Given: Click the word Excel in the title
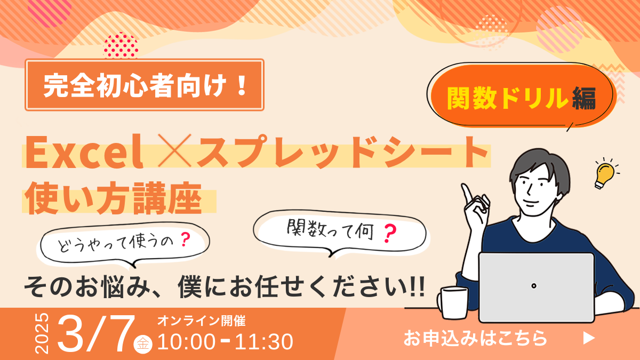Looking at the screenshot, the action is point(84,151).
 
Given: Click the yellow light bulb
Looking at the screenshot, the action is point(604,175).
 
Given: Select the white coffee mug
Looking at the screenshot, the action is point(453,303).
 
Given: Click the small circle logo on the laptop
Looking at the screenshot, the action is point(534,286).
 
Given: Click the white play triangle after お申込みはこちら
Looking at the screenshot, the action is point(589,338).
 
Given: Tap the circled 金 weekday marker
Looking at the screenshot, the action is point(143,343).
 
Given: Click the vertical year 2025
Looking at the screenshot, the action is point(42,333).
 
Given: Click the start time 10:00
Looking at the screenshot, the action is point(186,341).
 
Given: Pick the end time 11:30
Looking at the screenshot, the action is point(264,341).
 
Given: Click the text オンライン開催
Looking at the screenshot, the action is point(202,321).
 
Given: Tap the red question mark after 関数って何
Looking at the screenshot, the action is point(390,233).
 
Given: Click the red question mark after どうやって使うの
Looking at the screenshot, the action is point(186,239).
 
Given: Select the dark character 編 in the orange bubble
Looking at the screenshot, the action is point(584,98).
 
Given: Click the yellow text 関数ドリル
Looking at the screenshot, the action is point(507,98).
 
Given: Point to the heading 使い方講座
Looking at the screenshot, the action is point(114,198).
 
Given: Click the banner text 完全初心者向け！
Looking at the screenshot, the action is point(145,85).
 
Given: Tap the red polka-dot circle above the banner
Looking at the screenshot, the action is point(121,46).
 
